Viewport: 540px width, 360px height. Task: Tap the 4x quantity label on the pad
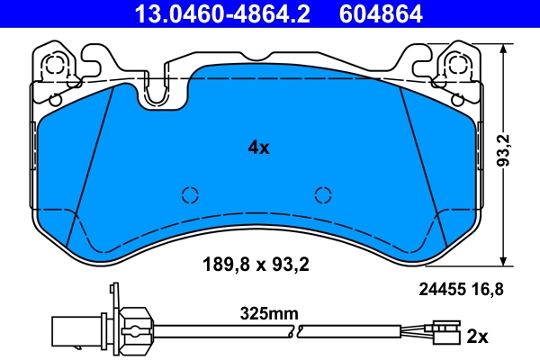(x=258, y=148)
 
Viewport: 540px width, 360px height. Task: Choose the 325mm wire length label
(x=268, y=314)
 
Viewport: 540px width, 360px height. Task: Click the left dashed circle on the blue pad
(x=190, y=194)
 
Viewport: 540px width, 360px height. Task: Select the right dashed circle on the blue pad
(x=323, y=194)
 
